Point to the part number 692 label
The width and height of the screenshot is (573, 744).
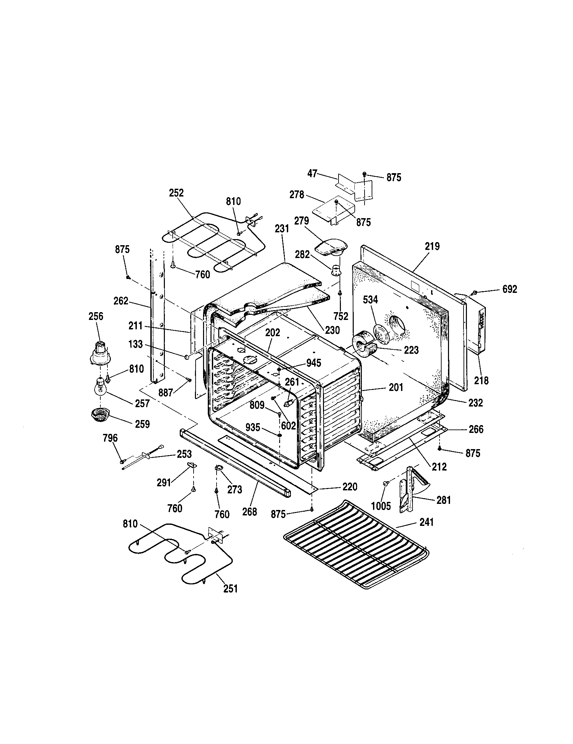(x=509, y=289)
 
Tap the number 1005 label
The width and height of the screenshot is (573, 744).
(x=381, y=506)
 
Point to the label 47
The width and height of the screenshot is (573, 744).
(x=313, y=174)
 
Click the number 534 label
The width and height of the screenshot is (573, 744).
(x=370, y=300)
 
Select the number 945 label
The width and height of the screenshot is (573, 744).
(x=314, y=363)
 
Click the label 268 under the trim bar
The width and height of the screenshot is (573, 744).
(x=249, y=512)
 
